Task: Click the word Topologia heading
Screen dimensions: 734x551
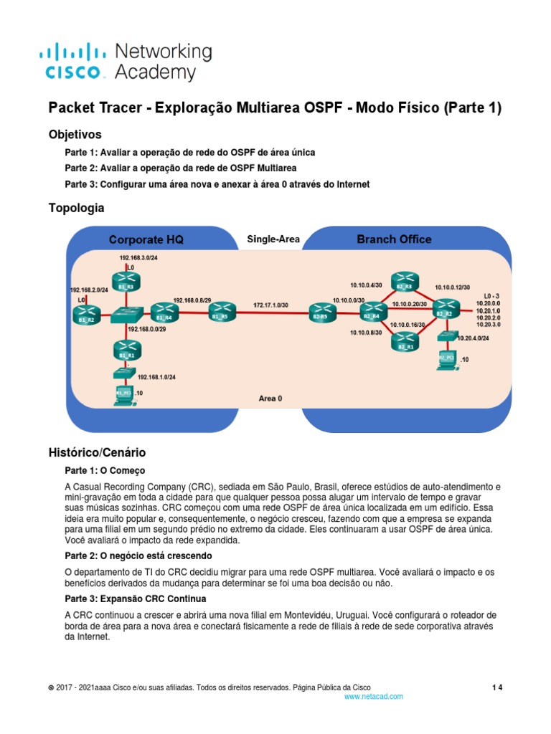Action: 76,208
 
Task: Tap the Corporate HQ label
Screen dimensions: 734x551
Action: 146,239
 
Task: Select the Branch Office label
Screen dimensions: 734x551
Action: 394,239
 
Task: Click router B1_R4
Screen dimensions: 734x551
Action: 164,313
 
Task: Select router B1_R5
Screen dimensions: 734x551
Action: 220,313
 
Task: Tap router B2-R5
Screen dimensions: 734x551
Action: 319,313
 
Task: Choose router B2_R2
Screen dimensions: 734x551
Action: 444,309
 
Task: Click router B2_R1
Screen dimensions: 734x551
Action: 405,342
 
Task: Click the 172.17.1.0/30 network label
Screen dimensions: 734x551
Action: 270,305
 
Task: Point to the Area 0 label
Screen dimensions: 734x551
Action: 270,398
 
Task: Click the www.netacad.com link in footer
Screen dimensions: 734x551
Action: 374,696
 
